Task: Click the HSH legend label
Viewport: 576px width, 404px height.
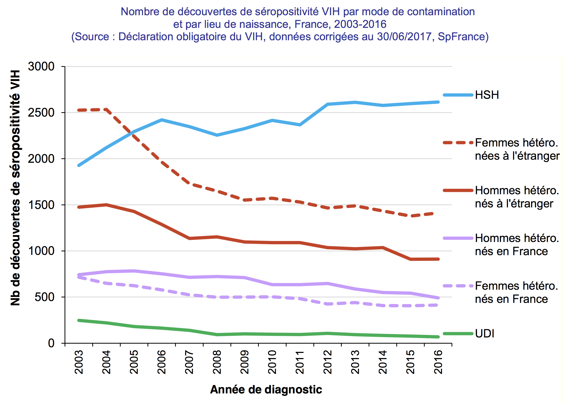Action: (487, 95)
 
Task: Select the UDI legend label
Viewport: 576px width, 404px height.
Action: (484, 334)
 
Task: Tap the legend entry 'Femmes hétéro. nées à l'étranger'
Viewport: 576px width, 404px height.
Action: (517, 149)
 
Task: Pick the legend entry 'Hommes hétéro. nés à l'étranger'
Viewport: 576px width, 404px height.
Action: (517, 197)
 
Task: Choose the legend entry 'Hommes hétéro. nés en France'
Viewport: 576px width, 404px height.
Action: (517, 245)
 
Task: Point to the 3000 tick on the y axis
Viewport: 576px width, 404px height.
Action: (41, 67)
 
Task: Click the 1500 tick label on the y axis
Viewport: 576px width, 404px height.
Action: (41, 205)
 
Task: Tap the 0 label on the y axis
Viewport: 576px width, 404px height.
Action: (51, 343)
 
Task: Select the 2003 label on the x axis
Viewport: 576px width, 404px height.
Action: (79, 362)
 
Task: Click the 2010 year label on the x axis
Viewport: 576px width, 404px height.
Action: (272, 362)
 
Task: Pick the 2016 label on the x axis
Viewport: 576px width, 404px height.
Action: (438, 362)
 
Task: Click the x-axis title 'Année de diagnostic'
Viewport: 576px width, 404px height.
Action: (266, 390)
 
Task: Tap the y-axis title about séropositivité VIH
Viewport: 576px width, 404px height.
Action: (15, 188)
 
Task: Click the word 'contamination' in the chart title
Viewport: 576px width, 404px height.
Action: (441, 12)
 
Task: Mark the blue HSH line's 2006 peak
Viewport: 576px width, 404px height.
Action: (162, 120)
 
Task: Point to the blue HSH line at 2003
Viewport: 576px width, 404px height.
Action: (79, 165)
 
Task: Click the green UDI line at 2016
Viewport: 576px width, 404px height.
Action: (438, 337)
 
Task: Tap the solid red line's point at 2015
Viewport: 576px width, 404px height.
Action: (410, 259)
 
